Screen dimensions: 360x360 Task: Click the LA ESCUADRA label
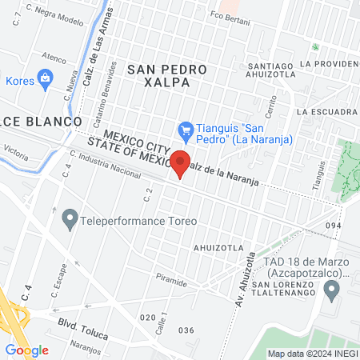(x=324, y=112)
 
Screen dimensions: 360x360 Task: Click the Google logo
(x=26, y=350)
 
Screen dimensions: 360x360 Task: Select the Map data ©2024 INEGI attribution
(x=311, y=354)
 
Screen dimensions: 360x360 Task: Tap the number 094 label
(x=334, y=226)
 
